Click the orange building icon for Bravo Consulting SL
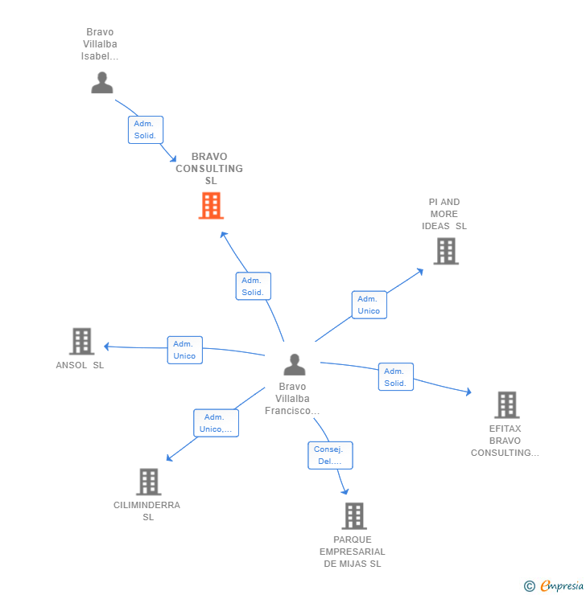tap(211, 206)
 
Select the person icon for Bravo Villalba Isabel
tap(102, 82)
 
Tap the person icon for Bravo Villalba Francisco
tap(295, 365)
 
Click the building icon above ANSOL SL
tap(81, 341)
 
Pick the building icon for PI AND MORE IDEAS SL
tap(445, 251)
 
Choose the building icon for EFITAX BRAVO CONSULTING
tap(506, 404)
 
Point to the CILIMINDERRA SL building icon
tap(149, 482)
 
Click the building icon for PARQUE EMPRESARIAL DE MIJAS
tap(353, 516)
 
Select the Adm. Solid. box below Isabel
tap(146, 129)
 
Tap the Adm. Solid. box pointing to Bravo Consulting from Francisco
tap(253, 286)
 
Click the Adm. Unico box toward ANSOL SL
tap(184, 350)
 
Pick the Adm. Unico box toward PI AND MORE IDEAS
tap(369, 305)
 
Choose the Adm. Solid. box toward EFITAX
tap(395, 377)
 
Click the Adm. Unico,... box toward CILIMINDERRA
tap(216, 423)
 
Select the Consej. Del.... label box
tap(329, 455)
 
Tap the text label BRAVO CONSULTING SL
tap(209, 169)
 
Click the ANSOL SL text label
tap(80, 365)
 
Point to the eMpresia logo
tap(562, 586)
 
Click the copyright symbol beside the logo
tap(530, 586)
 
